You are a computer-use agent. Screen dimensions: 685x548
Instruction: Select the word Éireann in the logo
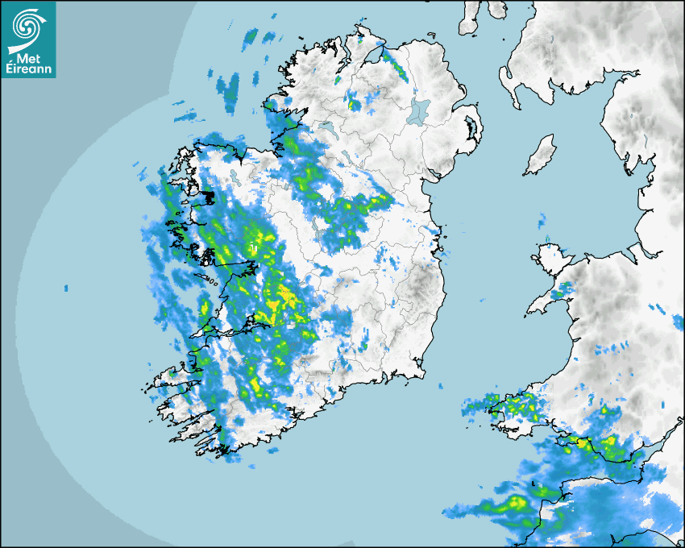(29, 69)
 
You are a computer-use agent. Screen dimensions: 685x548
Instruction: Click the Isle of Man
(541, 155)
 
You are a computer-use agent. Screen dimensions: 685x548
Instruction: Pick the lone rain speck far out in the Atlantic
(65, 288)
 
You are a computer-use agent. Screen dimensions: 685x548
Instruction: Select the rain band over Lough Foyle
(393, 62)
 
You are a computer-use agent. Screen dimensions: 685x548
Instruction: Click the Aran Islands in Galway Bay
(211, 281)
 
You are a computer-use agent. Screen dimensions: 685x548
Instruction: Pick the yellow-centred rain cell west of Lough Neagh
(353, 102)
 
